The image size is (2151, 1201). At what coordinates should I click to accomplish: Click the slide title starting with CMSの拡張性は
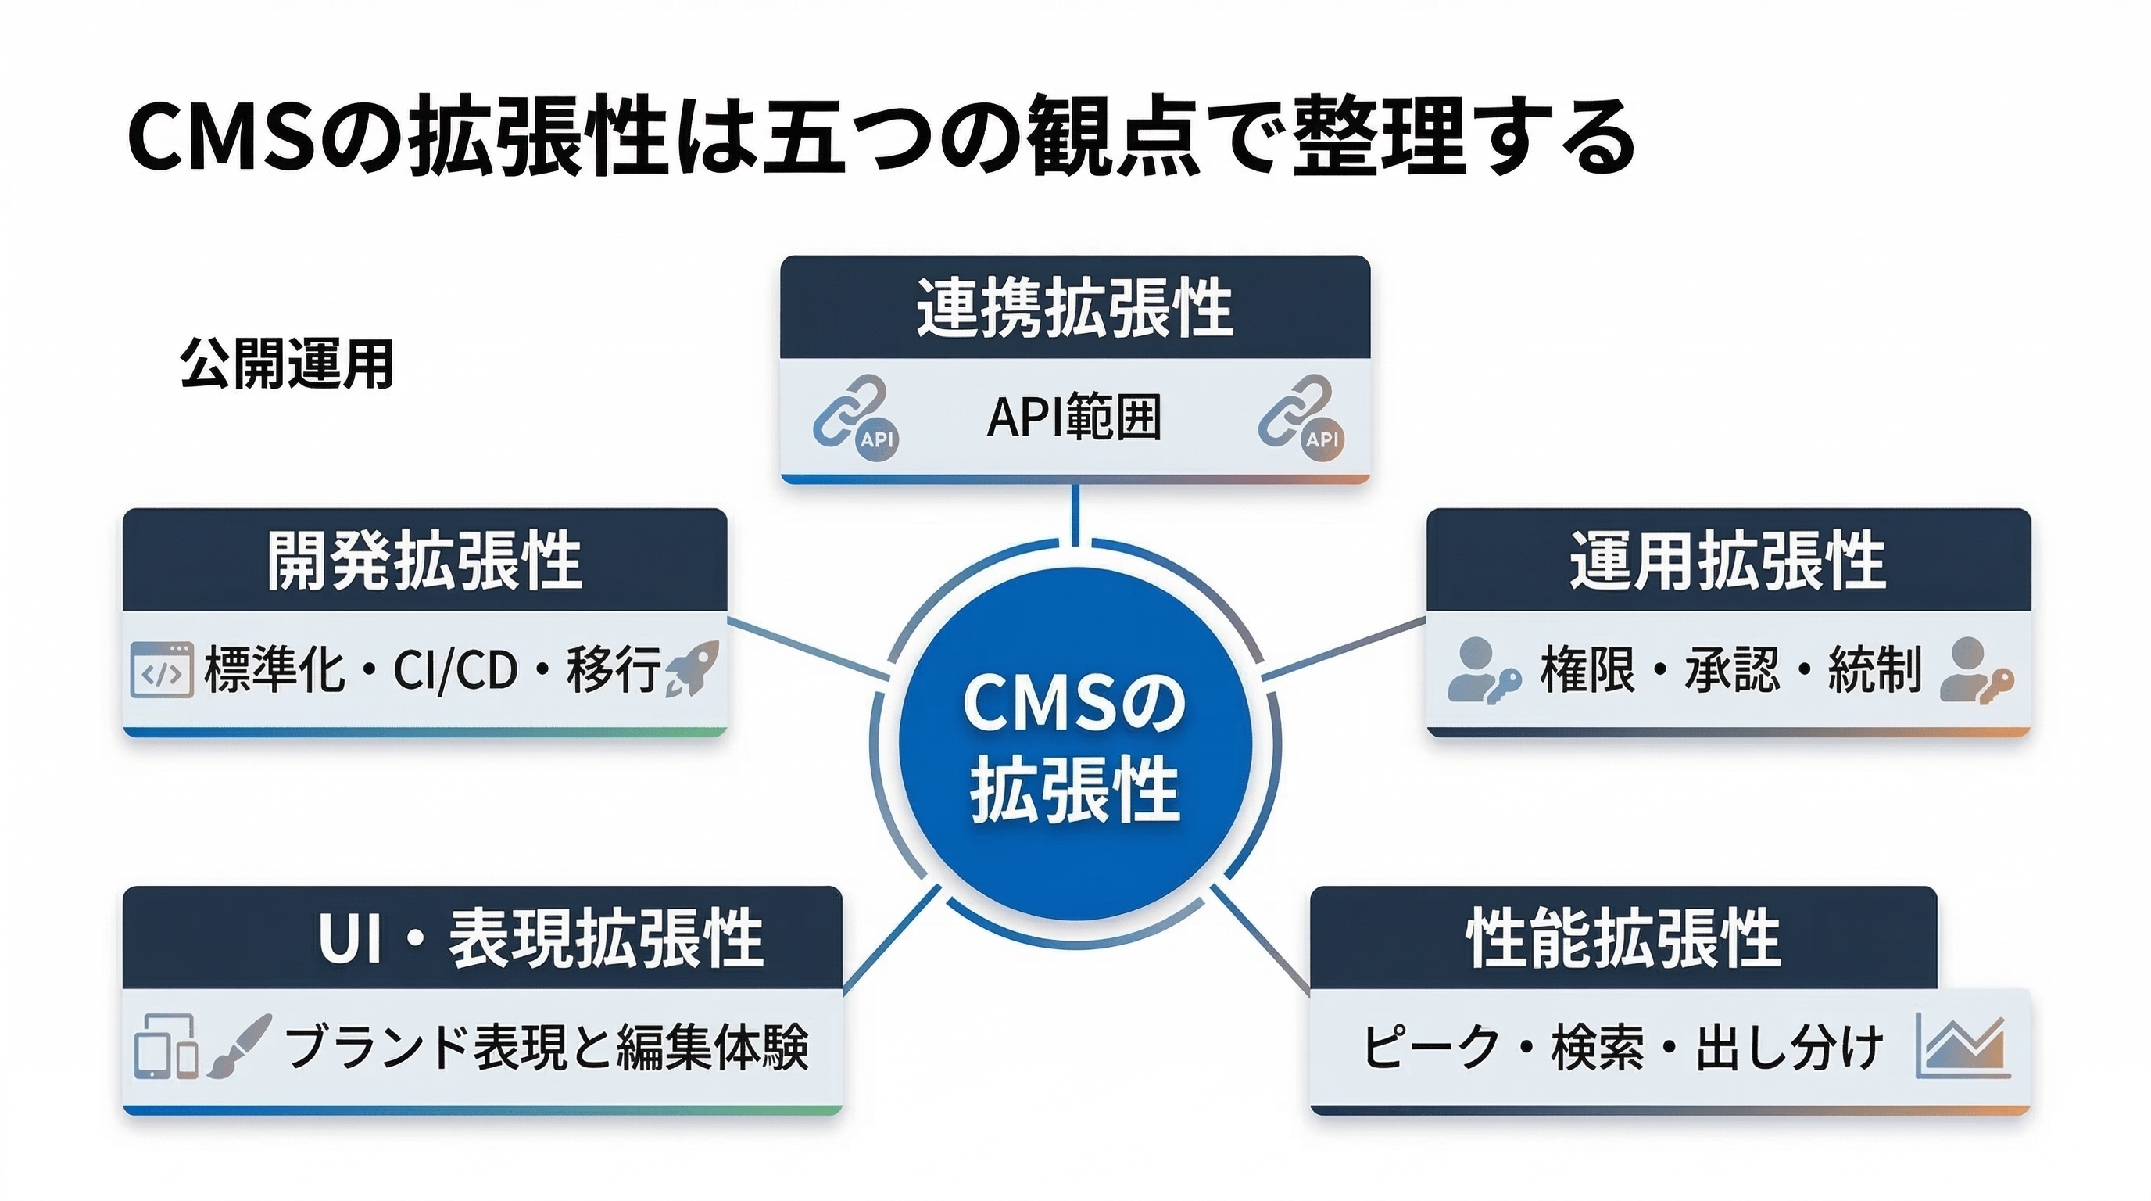881,136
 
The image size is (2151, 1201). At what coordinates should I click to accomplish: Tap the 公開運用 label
286,364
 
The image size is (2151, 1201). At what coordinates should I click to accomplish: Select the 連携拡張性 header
1075,308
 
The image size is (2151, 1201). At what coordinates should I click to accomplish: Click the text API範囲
1074,417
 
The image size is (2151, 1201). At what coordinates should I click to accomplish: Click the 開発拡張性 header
424,561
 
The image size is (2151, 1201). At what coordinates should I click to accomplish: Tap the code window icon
162,670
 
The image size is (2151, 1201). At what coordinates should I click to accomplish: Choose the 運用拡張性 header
1727,561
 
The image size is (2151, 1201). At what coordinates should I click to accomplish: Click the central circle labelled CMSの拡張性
1075,744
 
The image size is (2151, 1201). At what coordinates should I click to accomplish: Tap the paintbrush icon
240,1045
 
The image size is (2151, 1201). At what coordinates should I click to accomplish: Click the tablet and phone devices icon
166,1046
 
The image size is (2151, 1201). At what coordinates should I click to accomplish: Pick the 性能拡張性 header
1623,938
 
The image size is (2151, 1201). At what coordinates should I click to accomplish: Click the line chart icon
1963,1045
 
